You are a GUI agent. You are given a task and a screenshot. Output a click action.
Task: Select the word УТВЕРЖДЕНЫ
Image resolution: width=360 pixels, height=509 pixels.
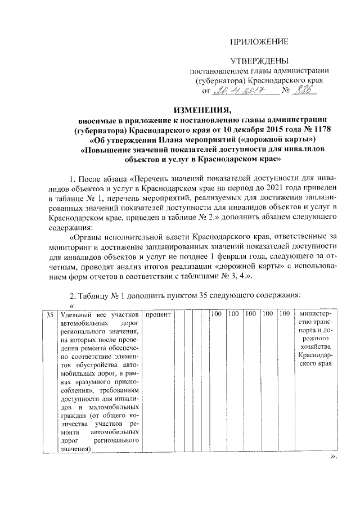[x=259, y=60]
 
